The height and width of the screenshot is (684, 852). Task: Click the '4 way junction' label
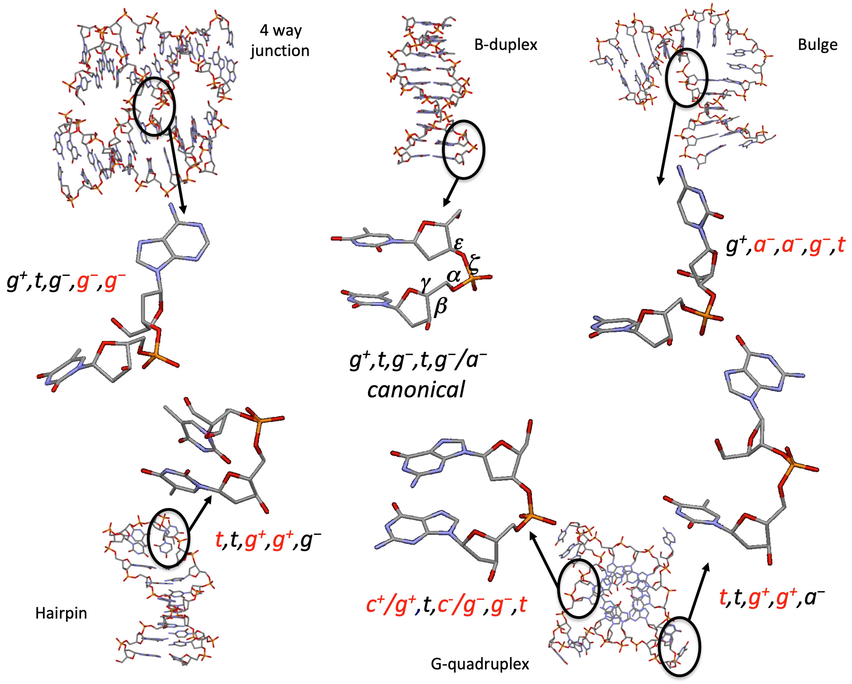280,41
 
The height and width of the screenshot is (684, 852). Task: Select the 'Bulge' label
817,45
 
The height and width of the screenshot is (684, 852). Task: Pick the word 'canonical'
416,389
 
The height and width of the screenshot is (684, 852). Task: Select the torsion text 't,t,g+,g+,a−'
771,598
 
